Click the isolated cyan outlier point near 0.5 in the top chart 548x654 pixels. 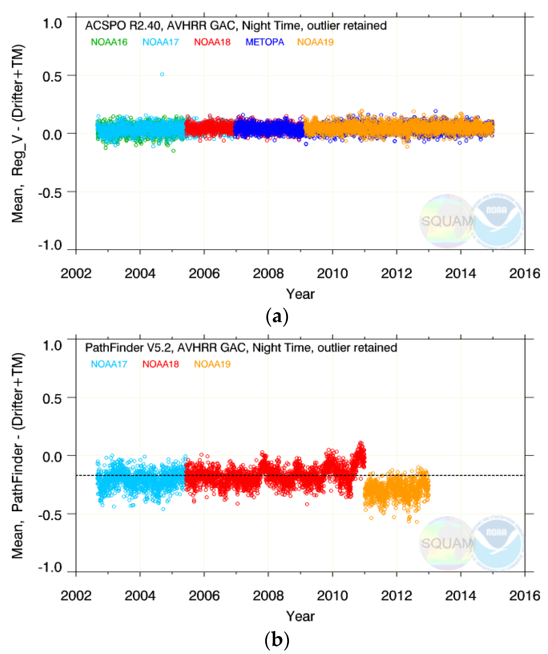click(x=162, y=74)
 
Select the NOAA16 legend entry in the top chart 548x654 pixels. click(x=109, y=42)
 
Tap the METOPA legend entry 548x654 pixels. click(x=265, y=42)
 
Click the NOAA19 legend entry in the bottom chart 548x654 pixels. click(x=212, y=364)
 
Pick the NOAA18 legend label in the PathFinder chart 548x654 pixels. click(x=160, y=364)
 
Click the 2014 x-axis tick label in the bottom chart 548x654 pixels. click(x=460, y=596)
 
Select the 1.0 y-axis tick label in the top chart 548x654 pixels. click(x=52, y=24)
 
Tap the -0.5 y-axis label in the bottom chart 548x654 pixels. click(x=50, y=515)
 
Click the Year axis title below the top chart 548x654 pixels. click(x=300, y=294)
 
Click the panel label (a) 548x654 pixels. click(x=277, y=317)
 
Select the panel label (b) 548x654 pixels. click(x=277, y=640)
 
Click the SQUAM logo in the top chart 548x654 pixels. click(x=446, y=221)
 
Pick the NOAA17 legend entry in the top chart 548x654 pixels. click(x=160, y=42)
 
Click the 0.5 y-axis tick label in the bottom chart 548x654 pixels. click(x=52, y=399)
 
